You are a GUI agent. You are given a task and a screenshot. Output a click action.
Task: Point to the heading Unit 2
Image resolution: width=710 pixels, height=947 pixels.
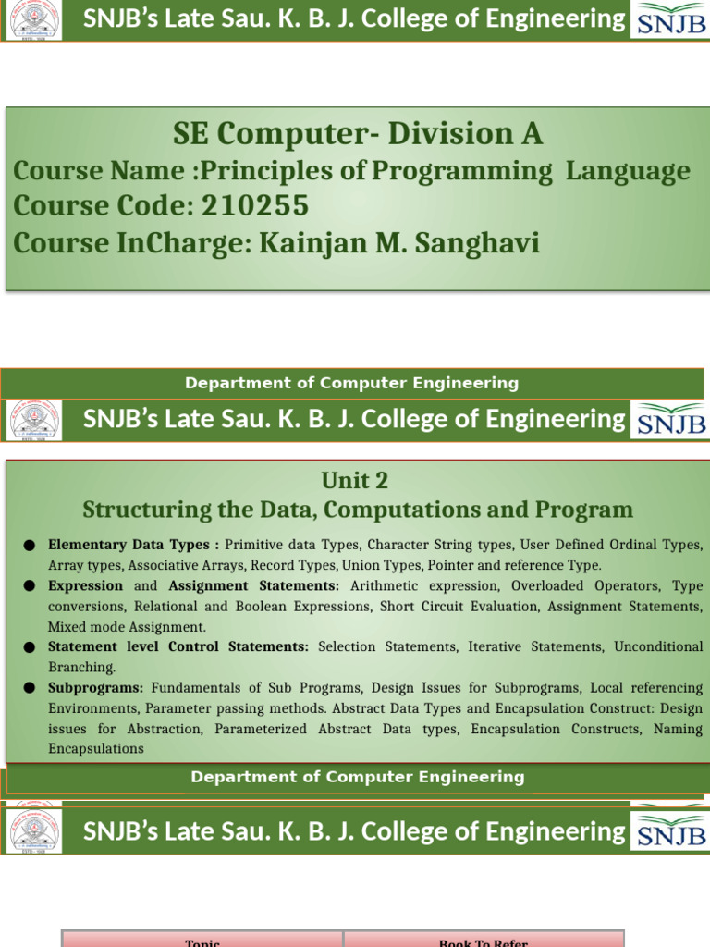tap(355, 480)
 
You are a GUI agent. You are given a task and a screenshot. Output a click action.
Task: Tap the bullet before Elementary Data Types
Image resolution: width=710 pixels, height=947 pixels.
tap(30, 546)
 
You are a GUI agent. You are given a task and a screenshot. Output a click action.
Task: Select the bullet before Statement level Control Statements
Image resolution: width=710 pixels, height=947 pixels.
tap(30, 647)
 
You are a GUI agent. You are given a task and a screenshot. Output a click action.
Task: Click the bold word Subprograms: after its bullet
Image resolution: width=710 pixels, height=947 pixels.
tap(95, 688)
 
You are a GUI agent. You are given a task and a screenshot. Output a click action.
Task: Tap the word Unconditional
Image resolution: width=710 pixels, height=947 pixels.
tap(657, 646)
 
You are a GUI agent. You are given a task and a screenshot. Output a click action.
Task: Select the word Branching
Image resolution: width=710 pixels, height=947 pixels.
tap(80, 667)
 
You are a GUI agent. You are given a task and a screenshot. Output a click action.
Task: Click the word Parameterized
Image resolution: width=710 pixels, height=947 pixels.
tap(262, 729)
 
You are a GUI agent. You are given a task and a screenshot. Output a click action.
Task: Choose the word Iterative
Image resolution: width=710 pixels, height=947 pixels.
tap(497, 646)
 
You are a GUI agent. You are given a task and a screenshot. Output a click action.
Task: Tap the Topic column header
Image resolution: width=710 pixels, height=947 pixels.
tap(202, 942)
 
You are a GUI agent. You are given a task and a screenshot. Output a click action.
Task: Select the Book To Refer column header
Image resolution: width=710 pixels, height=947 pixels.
tap(484, 942)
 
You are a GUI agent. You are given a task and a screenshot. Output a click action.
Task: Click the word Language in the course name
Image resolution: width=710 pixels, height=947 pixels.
tap(628, 171)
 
